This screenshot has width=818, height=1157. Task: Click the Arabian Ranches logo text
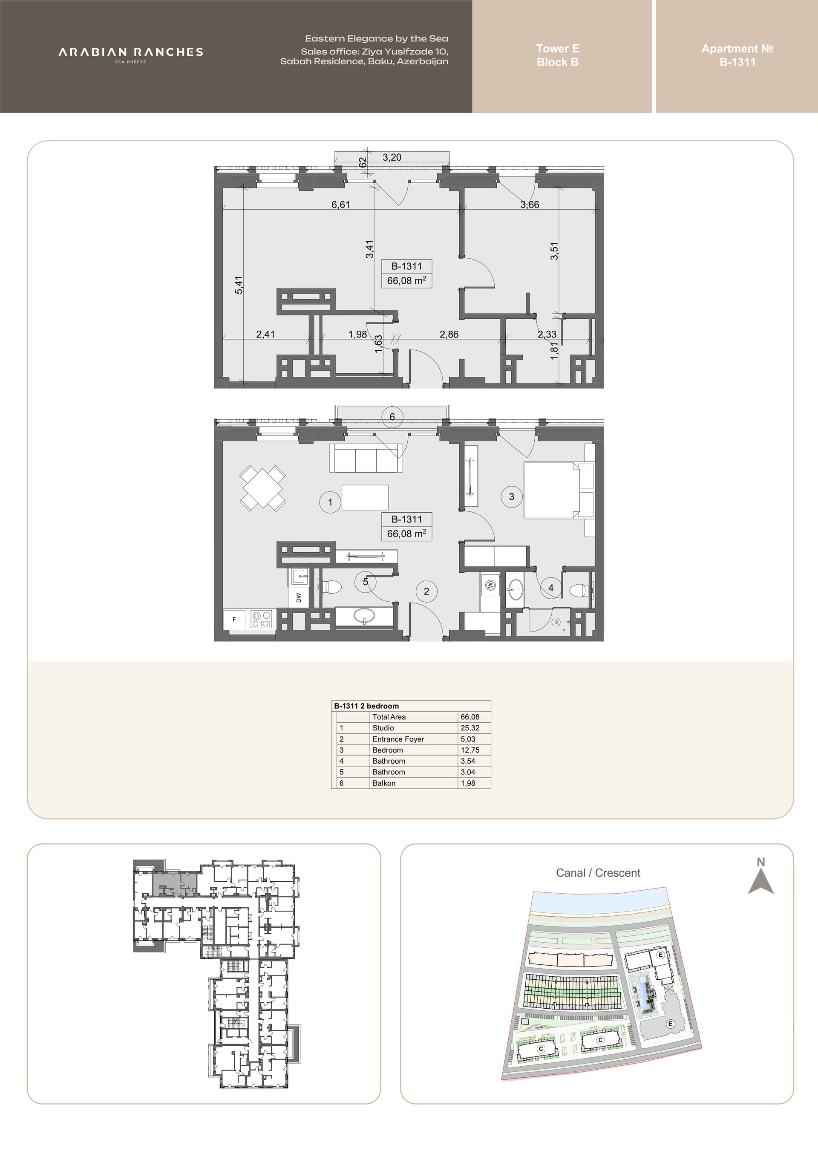click(x=131, y=52)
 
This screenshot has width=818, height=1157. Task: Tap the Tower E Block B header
click(x=558, y=55)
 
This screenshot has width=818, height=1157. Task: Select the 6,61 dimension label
click(x=340, y=205)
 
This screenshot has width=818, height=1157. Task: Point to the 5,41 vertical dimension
click(x=239, y=285)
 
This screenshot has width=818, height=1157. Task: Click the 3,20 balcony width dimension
click(x=392, y=157)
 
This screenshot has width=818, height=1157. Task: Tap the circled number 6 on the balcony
click(x=392, y=417)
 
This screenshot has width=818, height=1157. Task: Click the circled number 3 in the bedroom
click(x=512, y=497)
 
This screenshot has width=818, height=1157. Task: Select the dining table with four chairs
click(x=263, y=488)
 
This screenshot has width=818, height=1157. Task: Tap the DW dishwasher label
click(x=299, y=597)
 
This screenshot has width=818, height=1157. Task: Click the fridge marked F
click(x=234, y=619)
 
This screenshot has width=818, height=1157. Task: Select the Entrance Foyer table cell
click(x=398, y=739)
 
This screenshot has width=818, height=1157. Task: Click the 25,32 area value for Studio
click(x=470, y=728)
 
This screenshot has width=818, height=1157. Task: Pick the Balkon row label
click(x=384, y=783)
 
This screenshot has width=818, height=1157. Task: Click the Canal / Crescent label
click(x=598, y=873)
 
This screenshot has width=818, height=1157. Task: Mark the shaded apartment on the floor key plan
click(x=174, y=883)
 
